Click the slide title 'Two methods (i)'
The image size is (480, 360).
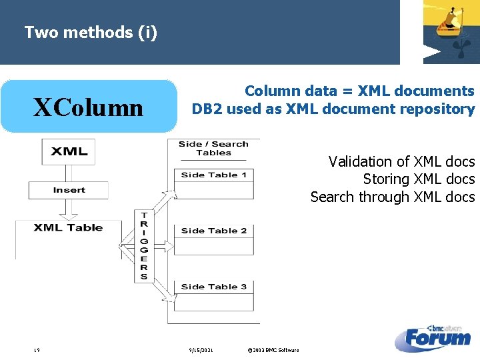click(x=91, y=32)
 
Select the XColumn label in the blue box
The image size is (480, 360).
click(x=89, y=107)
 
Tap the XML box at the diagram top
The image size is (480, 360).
click(x=69, y=151)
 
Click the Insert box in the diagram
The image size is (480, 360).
click(x=69, y=190)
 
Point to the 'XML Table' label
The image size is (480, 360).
click(x=68, y=228)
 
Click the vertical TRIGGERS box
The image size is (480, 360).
click(x=143, y=245)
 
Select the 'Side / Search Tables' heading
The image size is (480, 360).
click(x=213, y=148)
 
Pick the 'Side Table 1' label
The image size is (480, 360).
click(x=213, y=175)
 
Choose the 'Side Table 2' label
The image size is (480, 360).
click(x=213, y=231)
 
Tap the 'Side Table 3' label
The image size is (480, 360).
click(x=213, y=287)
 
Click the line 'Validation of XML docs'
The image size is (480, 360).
click(x=401, y=161)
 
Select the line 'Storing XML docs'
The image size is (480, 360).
click(x=419, y=179)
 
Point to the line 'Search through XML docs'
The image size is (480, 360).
click(x=392, y=197)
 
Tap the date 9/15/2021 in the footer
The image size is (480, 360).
click(x=200, y=350)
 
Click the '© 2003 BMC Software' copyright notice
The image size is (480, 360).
click(x=273, y=350)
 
